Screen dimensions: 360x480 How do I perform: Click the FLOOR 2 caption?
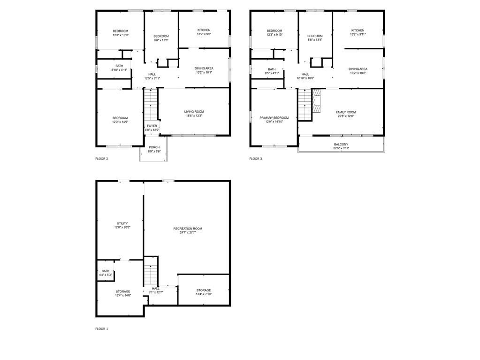102,159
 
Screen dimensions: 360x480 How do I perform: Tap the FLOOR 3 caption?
256,159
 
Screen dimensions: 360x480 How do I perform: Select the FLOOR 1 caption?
102,329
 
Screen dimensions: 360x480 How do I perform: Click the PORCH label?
154,146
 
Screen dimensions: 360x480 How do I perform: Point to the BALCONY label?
341,144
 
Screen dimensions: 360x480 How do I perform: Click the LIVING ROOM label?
194,111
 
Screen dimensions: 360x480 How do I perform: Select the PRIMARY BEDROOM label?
274,118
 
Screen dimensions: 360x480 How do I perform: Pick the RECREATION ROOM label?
188,229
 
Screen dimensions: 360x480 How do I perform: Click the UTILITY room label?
122,223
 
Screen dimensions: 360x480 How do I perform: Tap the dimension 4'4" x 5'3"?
106,275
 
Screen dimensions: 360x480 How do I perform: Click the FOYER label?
152,126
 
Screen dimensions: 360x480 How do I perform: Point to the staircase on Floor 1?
151,272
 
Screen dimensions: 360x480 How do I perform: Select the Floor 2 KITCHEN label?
204,30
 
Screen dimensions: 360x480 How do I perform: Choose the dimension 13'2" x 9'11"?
358,34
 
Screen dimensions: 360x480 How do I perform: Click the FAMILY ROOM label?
346,112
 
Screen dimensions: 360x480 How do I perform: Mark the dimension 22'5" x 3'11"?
341,148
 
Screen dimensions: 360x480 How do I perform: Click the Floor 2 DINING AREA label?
204,69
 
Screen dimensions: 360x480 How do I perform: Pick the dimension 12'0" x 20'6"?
122,228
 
